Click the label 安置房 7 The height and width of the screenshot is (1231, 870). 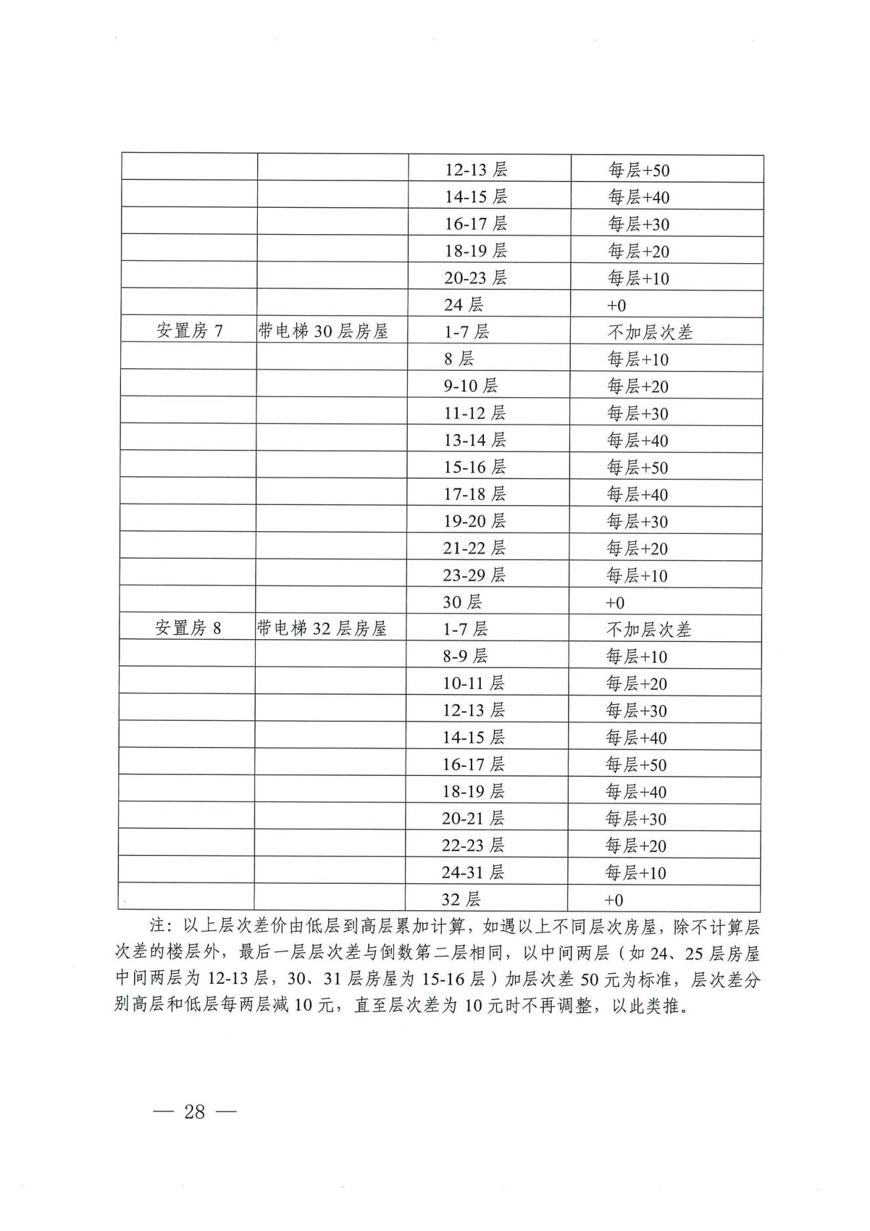[189, 331]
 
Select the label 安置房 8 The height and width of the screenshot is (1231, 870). [188, 628]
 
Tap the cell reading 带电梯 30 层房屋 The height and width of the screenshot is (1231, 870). [323, 331]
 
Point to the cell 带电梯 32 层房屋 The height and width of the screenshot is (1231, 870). [322, 628]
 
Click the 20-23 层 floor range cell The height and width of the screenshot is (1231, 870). [475, 278]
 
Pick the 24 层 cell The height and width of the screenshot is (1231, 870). [464, 304]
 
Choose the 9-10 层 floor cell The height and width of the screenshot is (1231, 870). [470, 385]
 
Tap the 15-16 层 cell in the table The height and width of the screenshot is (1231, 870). [474, 467]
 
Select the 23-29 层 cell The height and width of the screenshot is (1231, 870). [474, 575]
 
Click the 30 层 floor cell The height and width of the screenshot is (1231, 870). [462, 602]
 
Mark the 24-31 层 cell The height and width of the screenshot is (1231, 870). [473, 872]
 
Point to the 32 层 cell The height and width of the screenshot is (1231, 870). [461, 899]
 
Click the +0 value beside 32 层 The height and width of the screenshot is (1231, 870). [614, 900]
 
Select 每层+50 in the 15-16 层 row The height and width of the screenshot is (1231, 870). [637, 468]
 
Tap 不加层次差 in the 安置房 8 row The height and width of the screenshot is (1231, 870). [648, 629]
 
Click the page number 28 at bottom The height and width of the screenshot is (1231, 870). [195, 1111]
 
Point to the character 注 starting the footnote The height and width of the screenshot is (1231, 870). [157, 927]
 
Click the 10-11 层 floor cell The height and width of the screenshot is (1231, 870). [473, 683]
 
